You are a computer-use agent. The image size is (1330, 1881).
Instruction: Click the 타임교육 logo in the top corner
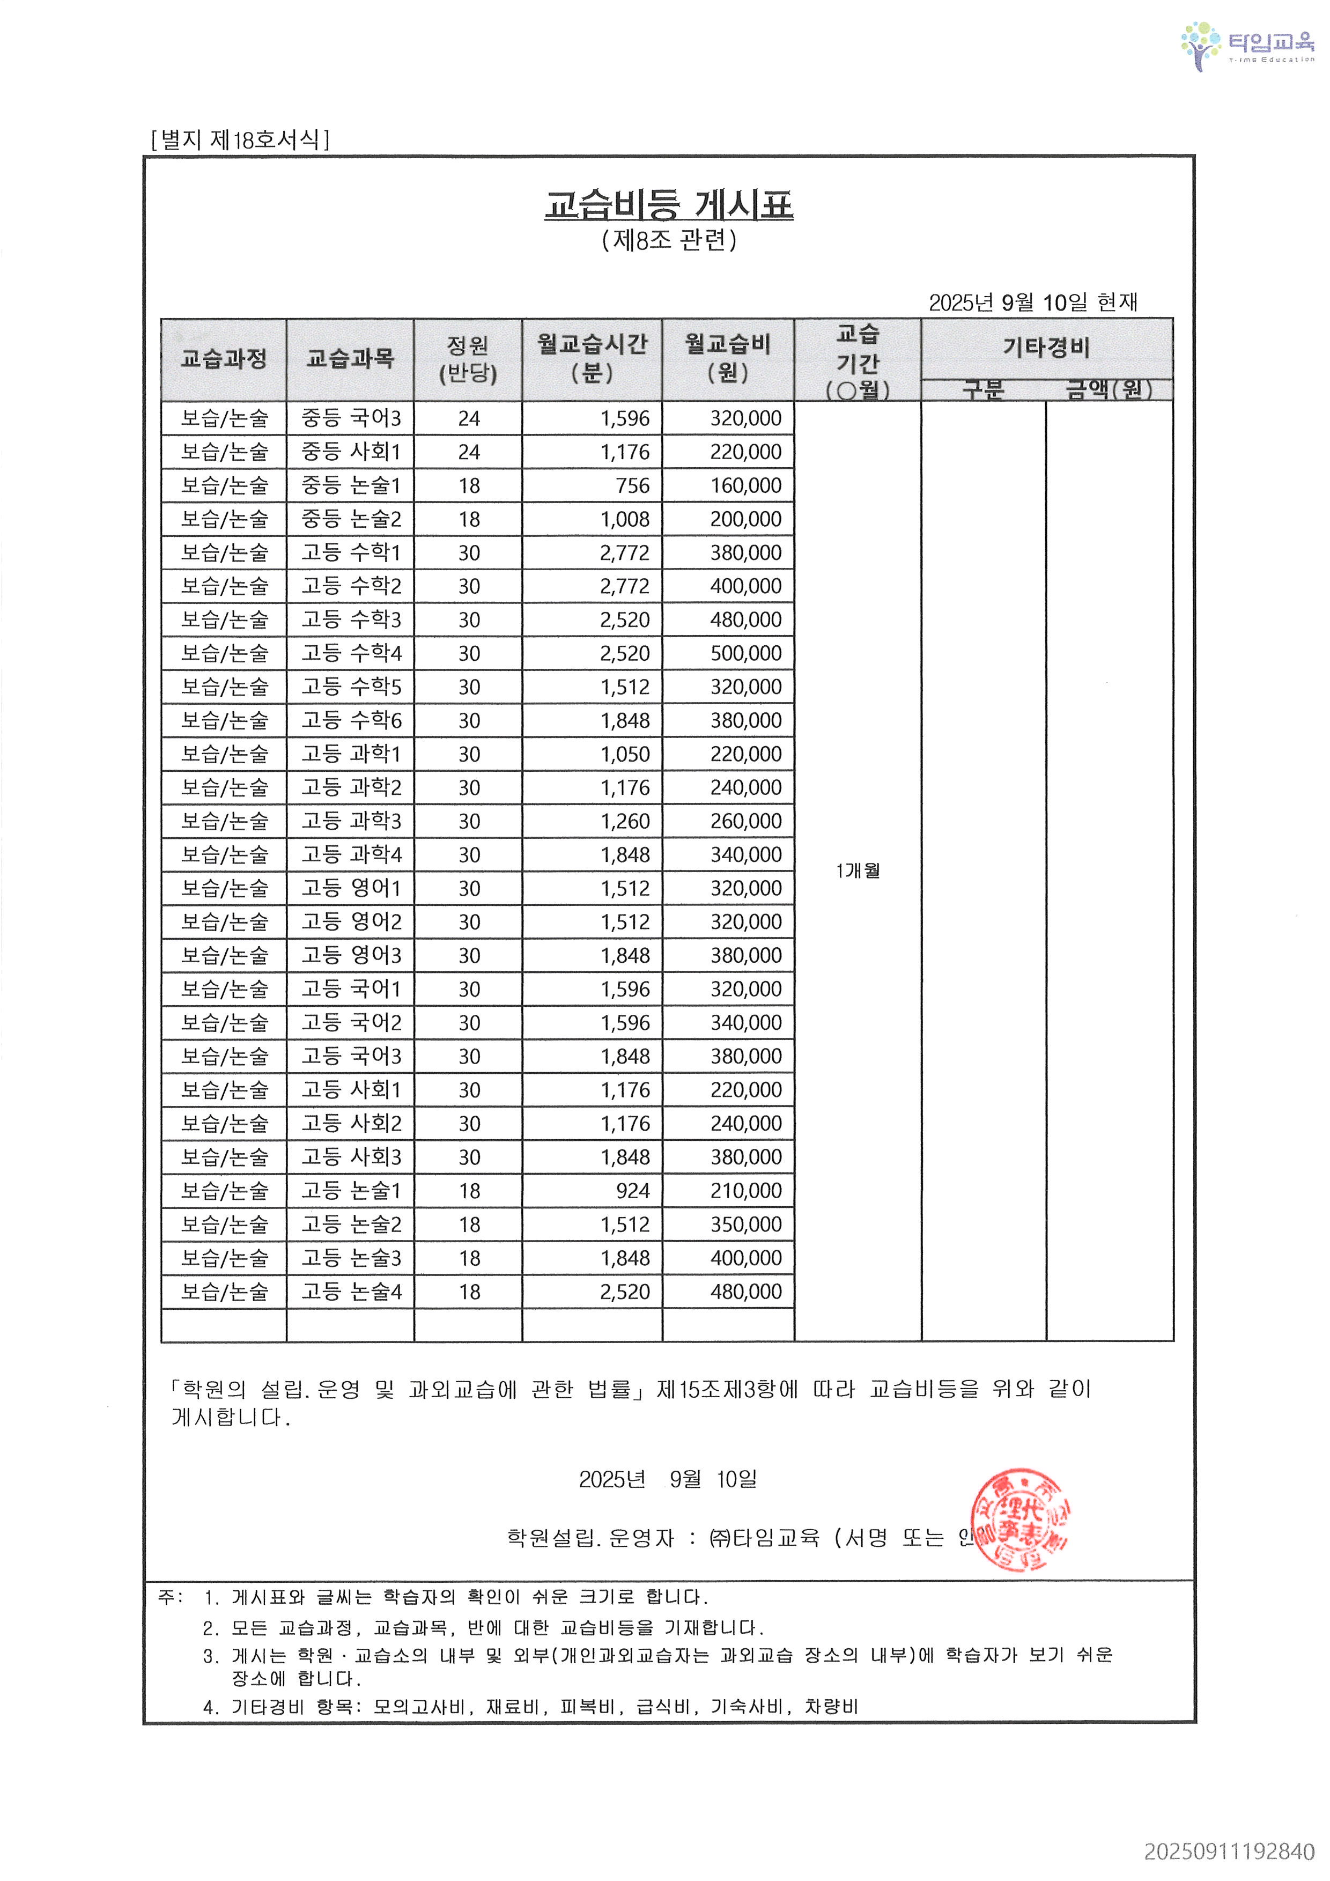(1246, 46)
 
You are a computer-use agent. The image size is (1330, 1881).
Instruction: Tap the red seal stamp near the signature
(1019, 1519)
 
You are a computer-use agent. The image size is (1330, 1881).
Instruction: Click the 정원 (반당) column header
(468, 358)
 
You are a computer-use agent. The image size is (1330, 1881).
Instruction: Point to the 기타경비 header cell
(1047, 348)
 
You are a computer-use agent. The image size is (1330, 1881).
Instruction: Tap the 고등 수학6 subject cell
(351, 720)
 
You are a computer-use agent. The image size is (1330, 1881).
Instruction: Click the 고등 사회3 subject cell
(351, 1157)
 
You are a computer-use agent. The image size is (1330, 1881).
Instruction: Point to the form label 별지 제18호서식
(240, 139)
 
